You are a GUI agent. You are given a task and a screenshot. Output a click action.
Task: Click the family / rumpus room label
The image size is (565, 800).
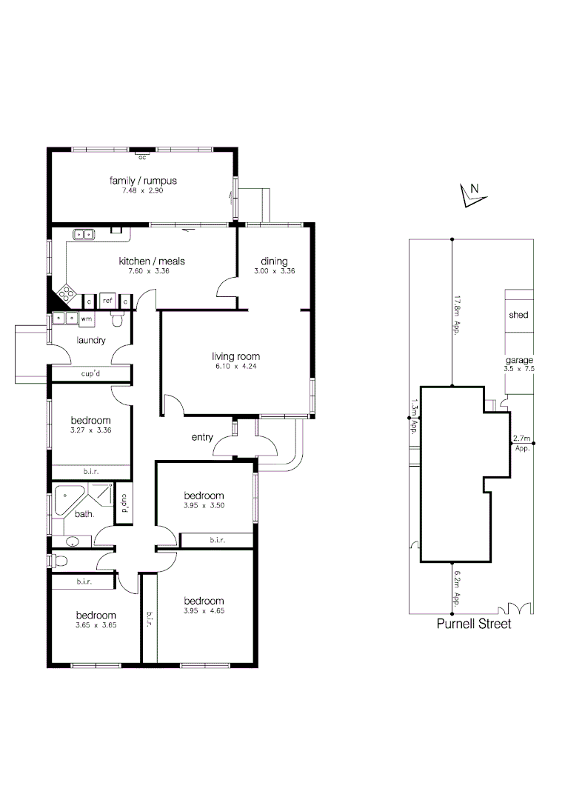pos(143,181)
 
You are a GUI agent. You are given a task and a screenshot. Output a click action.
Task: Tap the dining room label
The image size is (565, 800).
pos(274,261)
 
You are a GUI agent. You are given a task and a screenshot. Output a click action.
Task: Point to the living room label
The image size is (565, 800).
pos(235,356)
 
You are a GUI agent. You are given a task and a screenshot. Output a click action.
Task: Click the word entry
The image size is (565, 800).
pos(202,438)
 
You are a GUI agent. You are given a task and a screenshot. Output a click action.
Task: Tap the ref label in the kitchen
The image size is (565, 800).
pos(107,301)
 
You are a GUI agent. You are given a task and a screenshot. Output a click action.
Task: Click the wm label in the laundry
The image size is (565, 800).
pos(86,318)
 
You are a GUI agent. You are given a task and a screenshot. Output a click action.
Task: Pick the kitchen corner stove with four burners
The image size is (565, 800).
pos(66,294)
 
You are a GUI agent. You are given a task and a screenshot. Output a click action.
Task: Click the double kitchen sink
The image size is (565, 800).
pos(84,235)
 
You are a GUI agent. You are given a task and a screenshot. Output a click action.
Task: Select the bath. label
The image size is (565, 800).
pos(83,513)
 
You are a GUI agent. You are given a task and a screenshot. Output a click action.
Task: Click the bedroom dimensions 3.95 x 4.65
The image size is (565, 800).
pos(204,611)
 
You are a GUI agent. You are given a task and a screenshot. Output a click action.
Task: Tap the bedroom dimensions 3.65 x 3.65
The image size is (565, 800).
pos(96,624)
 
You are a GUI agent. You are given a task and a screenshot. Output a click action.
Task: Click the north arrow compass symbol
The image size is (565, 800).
pos(469,194)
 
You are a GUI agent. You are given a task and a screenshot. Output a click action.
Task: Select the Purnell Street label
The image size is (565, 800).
pos(472,624)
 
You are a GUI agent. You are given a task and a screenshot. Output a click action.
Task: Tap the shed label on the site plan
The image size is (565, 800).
pos(518,315)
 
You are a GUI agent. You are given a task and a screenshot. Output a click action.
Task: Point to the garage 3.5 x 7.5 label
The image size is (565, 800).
pos(518,364)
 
